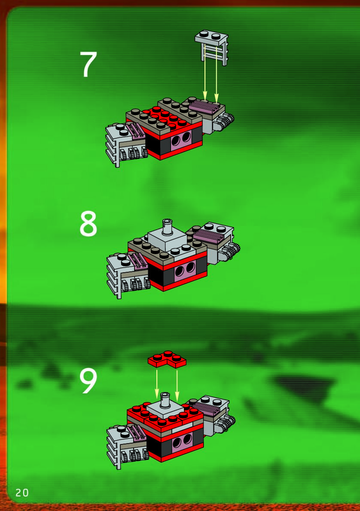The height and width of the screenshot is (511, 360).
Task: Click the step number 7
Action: (88, 64)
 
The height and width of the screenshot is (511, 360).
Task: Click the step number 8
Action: (88, 223)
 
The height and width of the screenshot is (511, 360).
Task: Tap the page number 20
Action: (22, 493)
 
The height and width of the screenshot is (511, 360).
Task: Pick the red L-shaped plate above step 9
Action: (167, 359)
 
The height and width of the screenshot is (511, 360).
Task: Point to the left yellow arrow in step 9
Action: (157, 384)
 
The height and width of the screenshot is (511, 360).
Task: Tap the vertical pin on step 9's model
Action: (165, 400)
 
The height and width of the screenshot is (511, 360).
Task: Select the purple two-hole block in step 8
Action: (185, 269)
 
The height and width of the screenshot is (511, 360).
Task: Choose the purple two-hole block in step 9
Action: (182, 442)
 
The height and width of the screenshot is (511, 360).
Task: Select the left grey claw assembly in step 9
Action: (127, 445)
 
